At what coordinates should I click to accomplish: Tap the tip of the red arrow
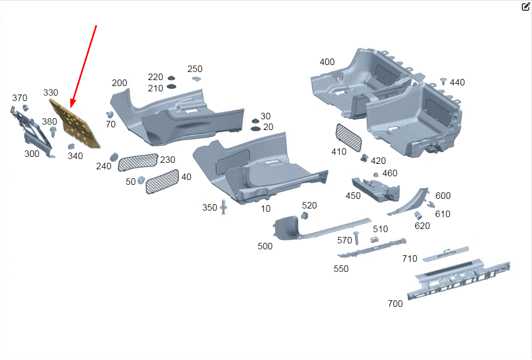[71, 108]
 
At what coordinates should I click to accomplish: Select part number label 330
[51, 92]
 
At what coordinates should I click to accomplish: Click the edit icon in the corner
[526, 7]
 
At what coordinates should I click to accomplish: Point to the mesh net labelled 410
[348, 137]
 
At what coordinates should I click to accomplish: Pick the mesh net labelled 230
[138, 162]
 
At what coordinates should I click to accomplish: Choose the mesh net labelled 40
[162, 182]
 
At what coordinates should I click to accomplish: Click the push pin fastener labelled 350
[223, 206]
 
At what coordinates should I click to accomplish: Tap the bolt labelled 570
[356, 238]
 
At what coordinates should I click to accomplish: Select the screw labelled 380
[53, 132]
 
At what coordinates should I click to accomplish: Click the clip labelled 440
[443, 81]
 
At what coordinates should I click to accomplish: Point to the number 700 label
[396, 304]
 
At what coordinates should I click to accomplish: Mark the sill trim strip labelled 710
[445, 254]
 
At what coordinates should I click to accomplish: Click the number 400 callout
[327, 62]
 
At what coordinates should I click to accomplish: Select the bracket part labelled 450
[376, 189]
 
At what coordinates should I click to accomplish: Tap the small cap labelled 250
[197, 79]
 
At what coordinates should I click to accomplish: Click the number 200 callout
[119, 83]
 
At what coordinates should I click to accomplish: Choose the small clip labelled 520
[305, 215]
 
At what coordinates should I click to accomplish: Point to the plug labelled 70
[110, 114]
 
